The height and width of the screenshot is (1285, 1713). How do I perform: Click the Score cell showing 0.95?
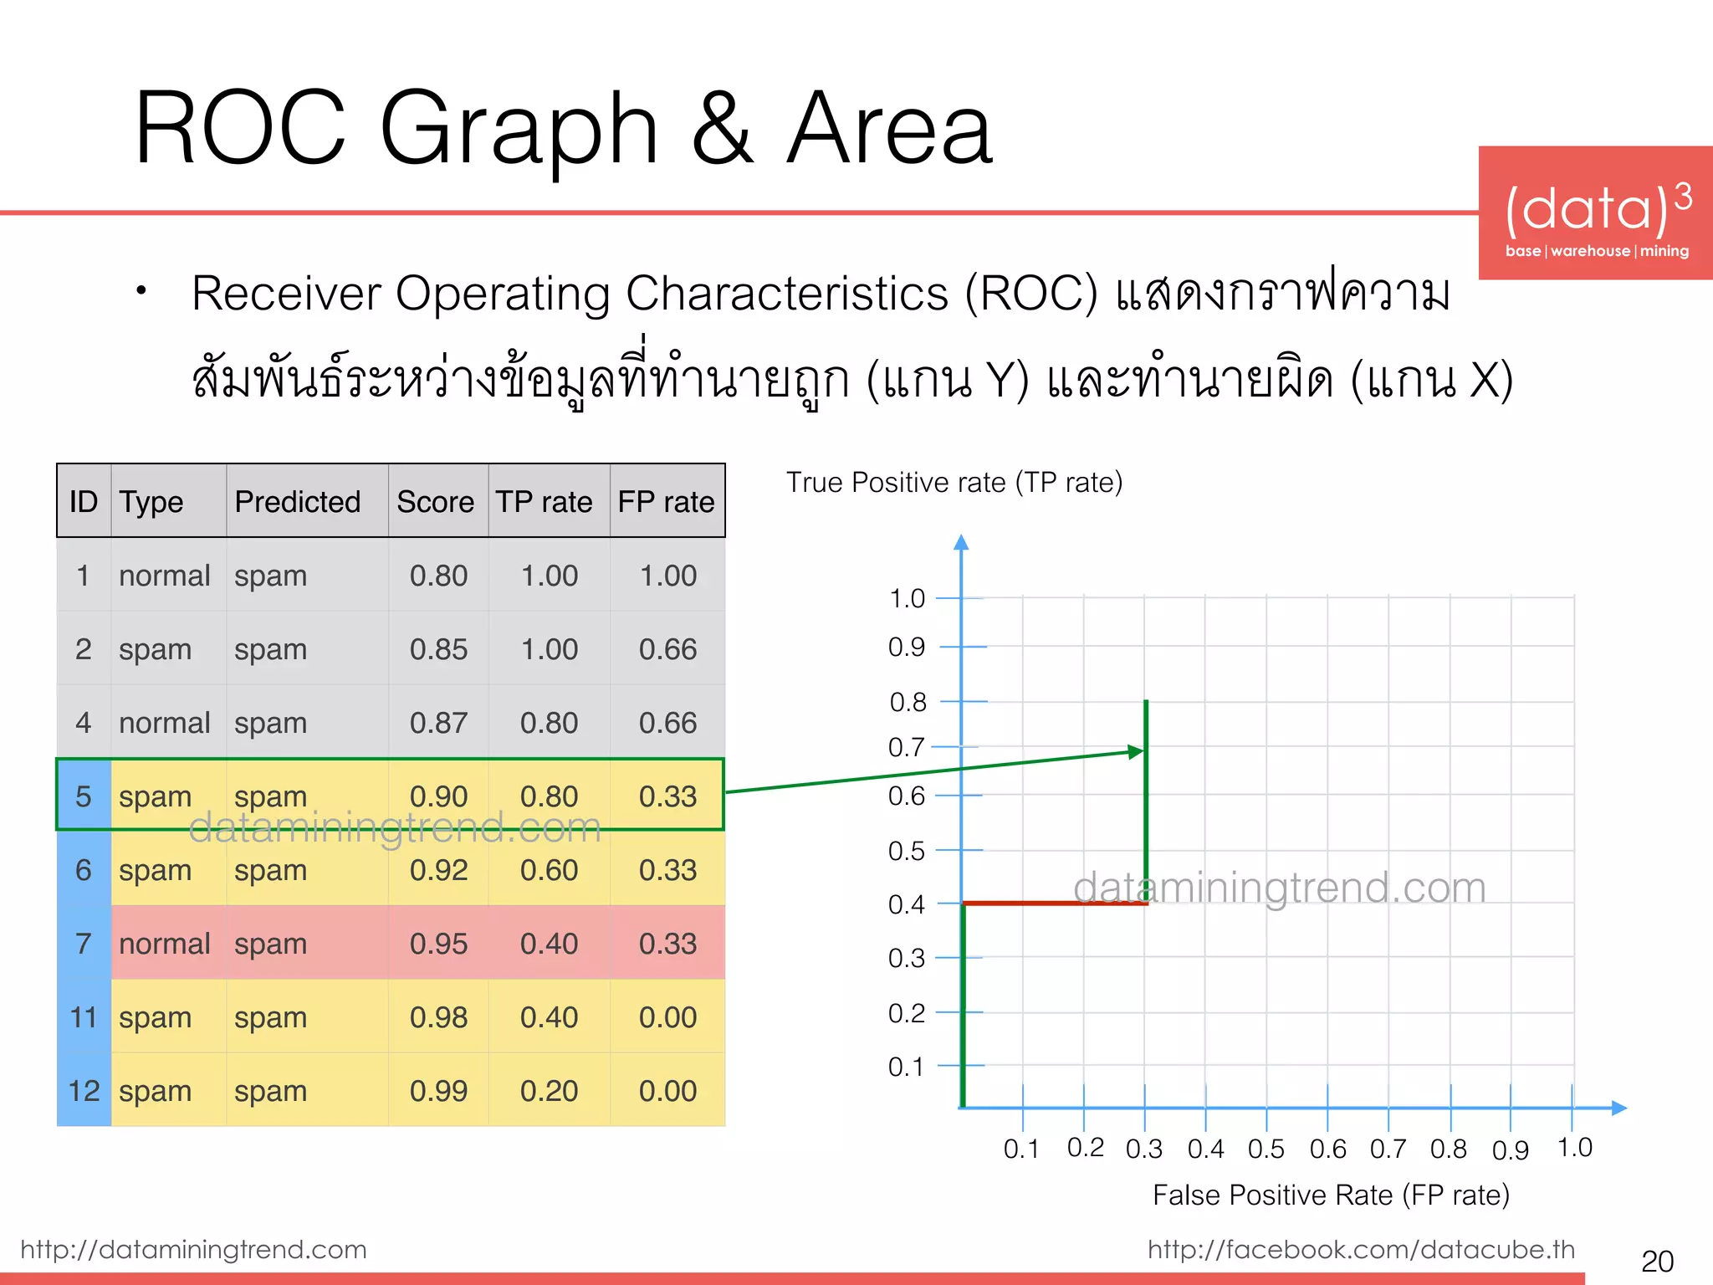[x=438, y=944]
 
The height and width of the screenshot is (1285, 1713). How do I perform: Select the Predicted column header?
[x=297, y=502]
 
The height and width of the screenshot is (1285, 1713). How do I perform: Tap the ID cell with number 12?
[x=84, y=1091]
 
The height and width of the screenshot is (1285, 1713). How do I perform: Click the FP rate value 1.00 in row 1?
[x=667, y=576]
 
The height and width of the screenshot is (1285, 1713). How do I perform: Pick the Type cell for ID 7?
[x=164, y=944]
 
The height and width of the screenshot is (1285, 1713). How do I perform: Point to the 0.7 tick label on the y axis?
[x=906, y=747]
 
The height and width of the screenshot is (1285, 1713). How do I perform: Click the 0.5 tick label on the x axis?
[x=1266, y=1149]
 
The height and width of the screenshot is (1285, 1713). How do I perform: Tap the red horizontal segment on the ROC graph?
[x=1054, y=904]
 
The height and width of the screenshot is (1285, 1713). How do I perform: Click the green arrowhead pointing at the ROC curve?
[x=1135, y=751]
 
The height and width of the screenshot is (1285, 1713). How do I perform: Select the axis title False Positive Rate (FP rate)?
[x=1330, y=1195]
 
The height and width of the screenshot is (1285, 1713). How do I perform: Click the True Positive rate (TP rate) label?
[x=954, y=483]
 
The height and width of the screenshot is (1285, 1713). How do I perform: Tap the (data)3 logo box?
[x=1595, y=213]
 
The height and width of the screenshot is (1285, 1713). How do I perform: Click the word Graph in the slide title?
[x=519, y=130]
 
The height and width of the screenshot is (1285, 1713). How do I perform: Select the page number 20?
[x=1657, y=1261]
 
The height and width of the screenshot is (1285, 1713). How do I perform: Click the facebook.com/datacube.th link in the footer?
[x=1361, y=1249]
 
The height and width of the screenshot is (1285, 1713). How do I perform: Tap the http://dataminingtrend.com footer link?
[x=193, y=1249]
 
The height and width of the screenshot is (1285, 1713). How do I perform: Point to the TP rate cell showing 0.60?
[x=549, y=870]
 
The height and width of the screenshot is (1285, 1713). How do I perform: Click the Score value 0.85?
[x=438, y=649]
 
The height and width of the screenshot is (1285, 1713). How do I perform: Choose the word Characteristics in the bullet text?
[x=786, y=294]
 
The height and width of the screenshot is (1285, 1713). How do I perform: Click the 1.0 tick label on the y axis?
[x=907, y=599]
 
